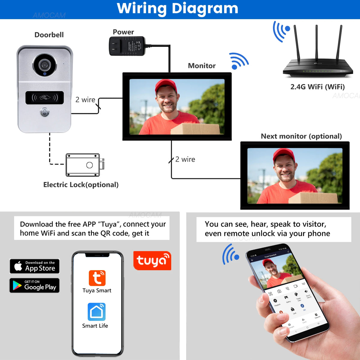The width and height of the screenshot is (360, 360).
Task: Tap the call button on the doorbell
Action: click(45, 113)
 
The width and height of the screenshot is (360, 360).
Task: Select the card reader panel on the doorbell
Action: click(45, 97)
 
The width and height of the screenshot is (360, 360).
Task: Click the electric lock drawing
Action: click(84, 165)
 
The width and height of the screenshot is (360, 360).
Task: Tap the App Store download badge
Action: click(35, 266)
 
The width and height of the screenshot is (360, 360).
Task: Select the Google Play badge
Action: click(35, 285)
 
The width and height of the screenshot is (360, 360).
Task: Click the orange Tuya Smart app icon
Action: click(97, 278)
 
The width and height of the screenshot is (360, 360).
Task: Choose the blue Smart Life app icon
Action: click(97, 312)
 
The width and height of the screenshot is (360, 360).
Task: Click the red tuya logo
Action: click(152, 260)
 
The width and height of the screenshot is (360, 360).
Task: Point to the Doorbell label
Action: click(49, 35)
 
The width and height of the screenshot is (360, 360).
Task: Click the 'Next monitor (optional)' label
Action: click(301, 136)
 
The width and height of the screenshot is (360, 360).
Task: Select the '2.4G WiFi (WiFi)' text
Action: click(317, 87)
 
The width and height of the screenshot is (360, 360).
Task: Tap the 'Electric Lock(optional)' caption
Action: click(81, 184)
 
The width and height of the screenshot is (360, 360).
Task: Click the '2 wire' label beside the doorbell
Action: click(85, 100)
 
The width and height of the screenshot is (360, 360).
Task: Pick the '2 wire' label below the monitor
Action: click(185, 159)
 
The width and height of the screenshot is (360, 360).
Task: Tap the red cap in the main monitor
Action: click(165, 85)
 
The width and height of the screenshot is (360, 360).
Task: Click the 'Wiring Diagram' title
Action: click(178, 8)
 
